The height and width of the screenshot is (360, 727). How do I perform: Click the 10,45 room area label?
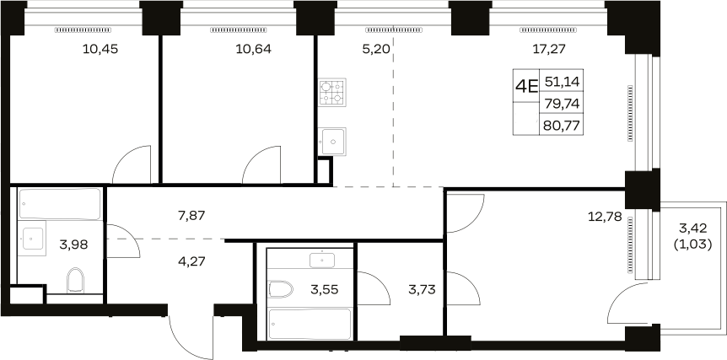[x=100, y=49]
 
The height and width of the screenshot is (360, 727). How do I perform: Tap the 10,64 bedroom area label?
[x=254, y=49]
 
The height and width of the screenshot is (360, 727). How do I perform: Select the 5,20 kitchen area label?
[x=376, y=49]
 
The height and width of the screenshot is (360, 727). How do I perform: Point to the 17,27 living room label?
[x=549, y=49]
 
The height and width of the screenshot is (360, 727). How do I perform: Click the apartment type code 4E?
[x=526, y=86]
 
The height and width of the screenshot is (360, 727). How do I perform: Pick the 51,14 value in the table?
[x=562, y=82]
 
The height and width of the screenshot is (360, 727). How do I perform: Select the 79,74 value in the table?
[x=562, y=104]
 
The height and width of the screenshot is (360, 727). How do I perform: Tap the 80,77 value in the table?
[x=562, y=126]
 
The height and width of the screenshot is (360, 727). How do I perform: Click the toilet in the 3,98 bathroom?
[x=75, y=280]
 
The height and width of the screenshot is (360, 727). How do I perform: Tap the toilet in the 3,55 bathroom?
[x=282, y=290]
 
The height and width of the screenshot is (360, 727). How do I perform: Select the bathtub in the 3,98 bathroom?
[x=59, y=203]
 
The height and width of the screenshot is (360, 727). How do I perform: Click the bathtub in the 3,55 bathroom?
[x=310, y=325]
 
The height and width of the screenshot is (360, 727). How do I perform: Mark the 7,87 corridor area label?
[x=191, y=216]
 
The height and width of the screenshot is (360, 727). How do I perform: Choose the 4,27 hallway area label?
[x=191, y=261]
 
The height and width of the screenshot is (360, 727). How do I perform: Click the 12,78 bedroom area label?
[x=605, y=217]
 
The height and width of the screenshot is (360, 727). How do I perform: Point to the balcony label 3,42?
[x=693, y=228]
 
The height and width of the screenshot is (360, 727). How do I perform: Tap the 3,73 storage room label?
[x=422, y=291]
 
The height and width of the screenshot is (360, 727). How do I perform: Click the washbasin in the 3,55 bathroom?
[x=322, y=261]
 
